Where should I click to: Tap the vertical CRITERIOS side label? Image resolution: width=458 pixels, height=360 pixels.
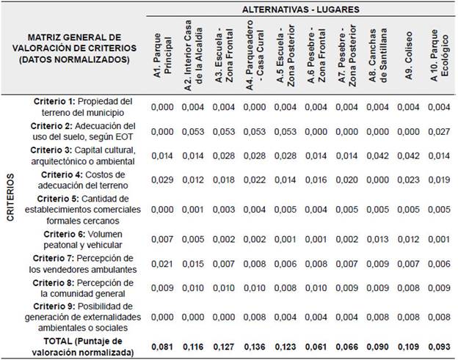[10, 213]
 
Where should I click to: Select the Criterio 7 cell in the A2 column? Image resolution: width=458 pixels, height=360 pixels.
[193, 265]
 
